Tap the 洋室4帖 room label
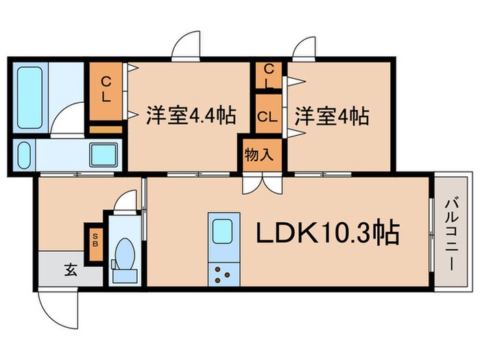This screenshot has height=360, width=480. point(332,115)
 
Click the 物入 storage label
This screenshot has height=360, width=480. point(259,154)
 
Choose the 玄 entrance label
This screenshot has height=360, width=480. point(71,269)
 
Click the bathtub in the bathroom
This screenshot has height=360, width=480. point(30,98)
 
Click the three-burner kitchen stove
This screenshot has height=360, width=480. point(221,274)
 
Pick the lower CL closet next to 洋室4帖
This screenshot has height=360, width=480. point(267,116)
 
